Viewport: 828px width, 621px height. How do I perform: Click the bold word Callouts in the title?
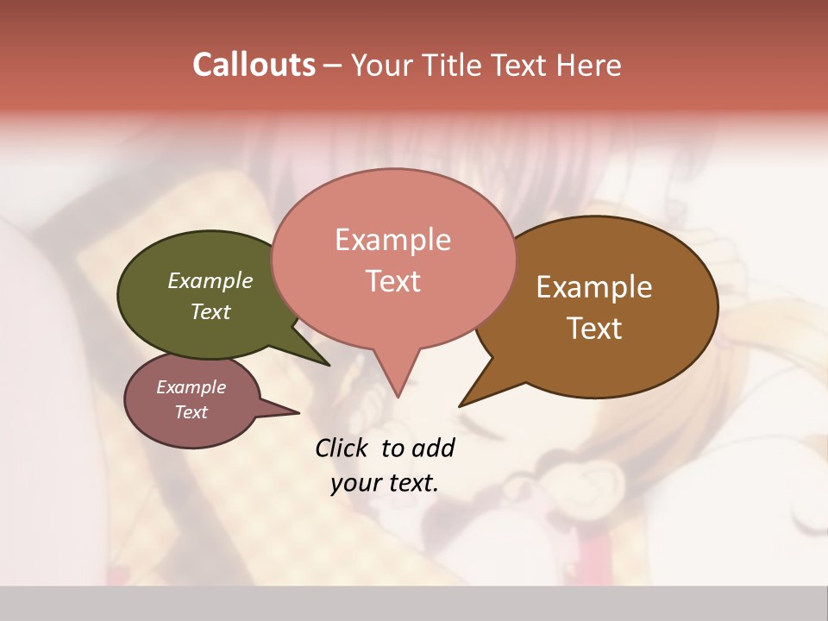pyautogui.click(x=254, y=65)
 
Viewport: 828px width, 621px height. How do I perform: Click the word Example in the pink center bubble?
pyautogui.click(x=392, y=240)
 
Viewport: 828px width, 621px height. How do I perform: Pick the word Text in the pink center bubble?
pyautogui.click(x=392, y=281)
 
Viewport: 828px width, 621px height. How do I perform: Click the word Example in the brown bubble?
pyautogui.click(x=594, y=287)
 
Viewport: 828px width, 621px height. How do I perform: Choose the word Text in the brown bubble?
pyautogui.click(x=594, y=329)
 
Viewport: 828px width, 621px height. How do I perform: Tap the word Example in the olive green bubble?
pyautogui.click(x=210, y=280)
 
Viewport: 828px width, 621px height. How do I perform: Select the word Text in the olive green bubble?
pyautogui.click(x=210, y=311)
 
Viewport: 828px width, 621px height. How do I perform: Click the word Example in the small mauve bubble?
pyautogui.click(x=191, y=387)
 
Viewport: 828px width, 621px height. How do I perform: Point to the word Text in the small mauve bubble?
pyautogui.click(x=191, y=412)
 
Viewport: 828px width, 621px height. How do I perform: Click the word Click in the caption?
pyautogui.click(x=343, y=448)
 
